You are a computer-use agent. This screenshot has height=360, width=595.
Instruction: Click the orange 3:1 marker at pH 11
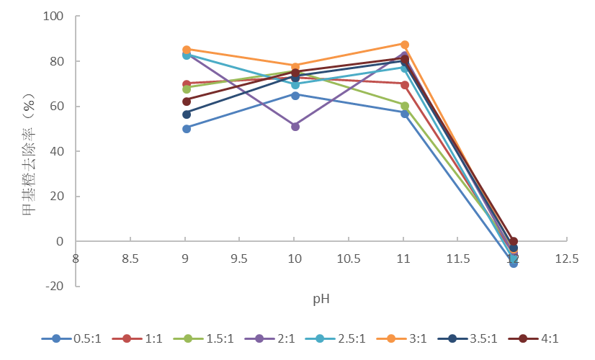pyautogui.click(x=404, y=45)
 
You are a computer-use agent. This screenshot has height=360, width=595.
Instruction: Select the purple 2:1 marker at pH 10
pyautogui.click(x=295, y=127)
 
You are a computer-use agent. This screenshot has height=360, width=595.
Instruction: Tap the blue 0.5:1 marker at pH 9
pyautogui.click(x=186, y=129)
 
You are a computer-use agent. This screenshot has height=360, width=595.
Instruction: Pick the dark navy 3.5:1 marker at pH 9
pyautogui.click(x=186, y=114)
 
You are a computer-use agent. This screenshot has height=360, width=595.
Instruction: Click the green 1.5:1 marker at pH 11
pyautogui.click(x=404, y=106)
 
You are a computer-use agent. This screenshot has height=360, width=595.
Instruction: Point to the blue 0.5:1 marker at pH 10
pyautogui.click(x=295, y=95)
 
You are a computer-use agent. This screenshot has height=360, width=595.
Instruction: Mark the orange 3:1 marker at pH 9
pyautogui.click(x=186, y=50)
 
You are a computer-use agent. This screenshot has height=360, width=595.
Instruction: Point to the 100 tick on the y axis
pyautogui.click(x=53, y=17)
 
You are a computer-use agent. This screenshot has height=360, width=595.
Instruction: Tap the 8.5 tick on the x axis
pyautogui.click(x=130, y=258)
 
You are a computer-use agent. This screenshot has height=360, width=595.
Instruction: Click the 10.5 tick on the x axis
pyautogui.click(x=349, y=258)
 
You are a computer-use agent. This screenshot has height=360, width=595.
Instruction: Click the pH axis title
pyautogui.click(x=321, y=297)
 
